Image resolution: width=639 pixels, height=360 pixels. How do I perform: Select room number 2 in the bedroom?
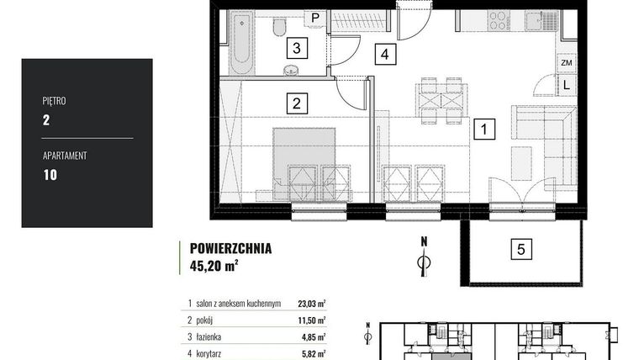click(x=295, y=103)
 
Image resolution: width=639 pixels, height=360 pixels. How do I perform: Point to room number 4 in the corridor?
click(x=384, y=55)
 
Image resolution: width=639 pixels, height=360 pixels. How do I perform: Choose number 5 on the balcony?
click(x=521, y=248)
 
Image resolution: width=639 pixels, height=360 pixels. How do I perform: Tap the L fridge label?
click(x=567, y=84)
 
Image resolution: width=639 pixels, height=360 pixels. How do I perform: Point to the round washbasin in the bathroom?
click(x=292, y=69)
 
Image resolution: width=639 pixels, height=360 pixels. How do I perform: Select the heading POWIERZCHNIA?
click(x=230, y=249)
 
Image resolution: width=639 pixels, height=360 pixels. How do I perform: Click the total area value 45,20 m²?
click(x=214, y=267)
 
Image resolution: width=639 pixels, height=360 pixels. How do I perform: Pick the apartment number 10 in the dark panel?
click(x=50, y=175)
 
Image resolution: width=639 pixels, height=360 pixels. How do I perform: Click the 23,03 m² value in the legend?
click(x=312, y=305)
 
